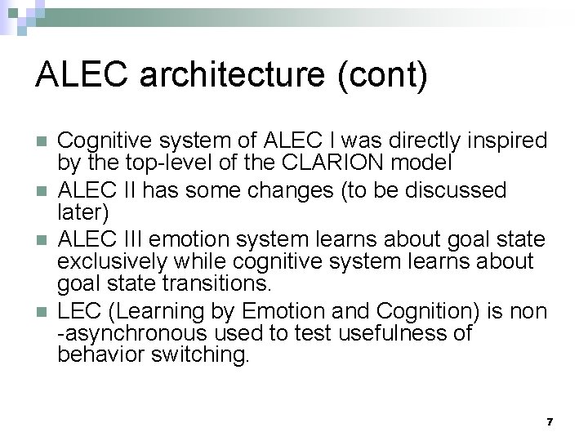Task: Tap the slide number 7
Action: point(549,421)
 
